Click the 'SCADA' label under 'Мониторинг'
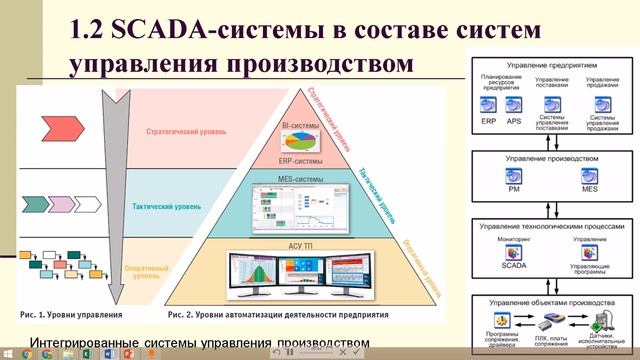click(x=513, y=267)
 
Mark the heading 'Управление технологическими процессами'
click(x=551, y=226)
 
